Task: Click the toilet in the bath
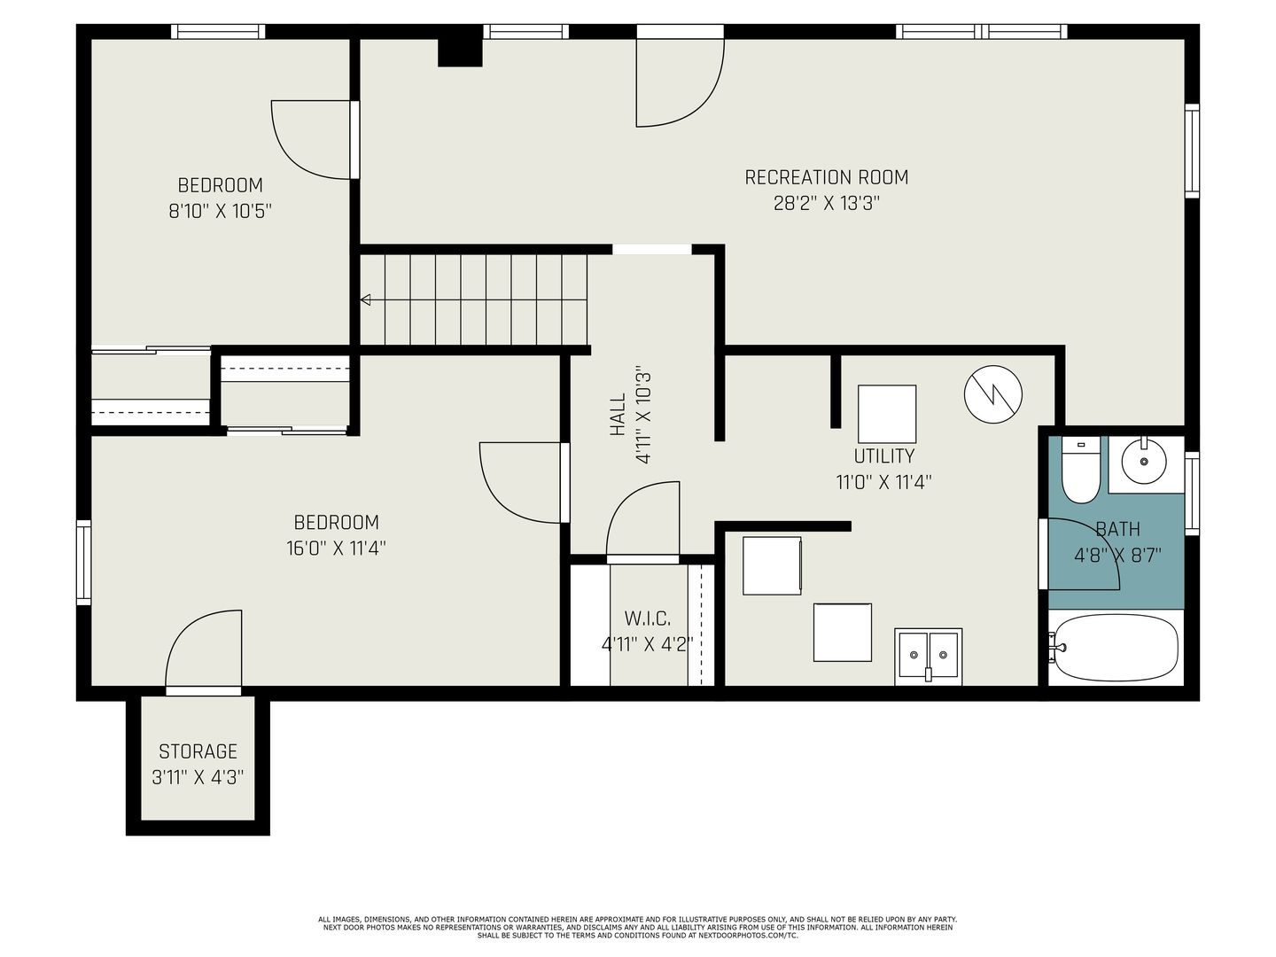coord(1080,470)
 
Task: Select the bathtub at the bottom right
coord(1116,647)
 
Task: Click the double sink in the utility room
coord(928,655)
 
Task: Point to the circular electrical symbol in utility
coord(993,394)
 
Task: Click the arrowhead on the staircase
coord(366,300)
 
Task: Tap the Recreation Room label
coord(826,177)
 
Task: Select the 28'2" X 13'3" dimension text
coord(826,204)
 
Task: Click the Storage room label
coord(198,751)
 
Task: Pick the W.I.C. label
coord(648,619)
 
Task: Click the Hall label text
coord(618,415)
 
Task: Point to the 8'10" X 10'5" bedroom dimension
coord(221,211)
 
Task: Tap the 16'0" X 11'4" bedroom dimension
coord(336,548)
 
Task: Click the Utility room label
coord(883,456)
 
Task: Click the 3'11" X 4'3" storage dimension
coord(198,777)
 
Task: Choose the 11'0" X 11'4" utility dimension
coord(883,482)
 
